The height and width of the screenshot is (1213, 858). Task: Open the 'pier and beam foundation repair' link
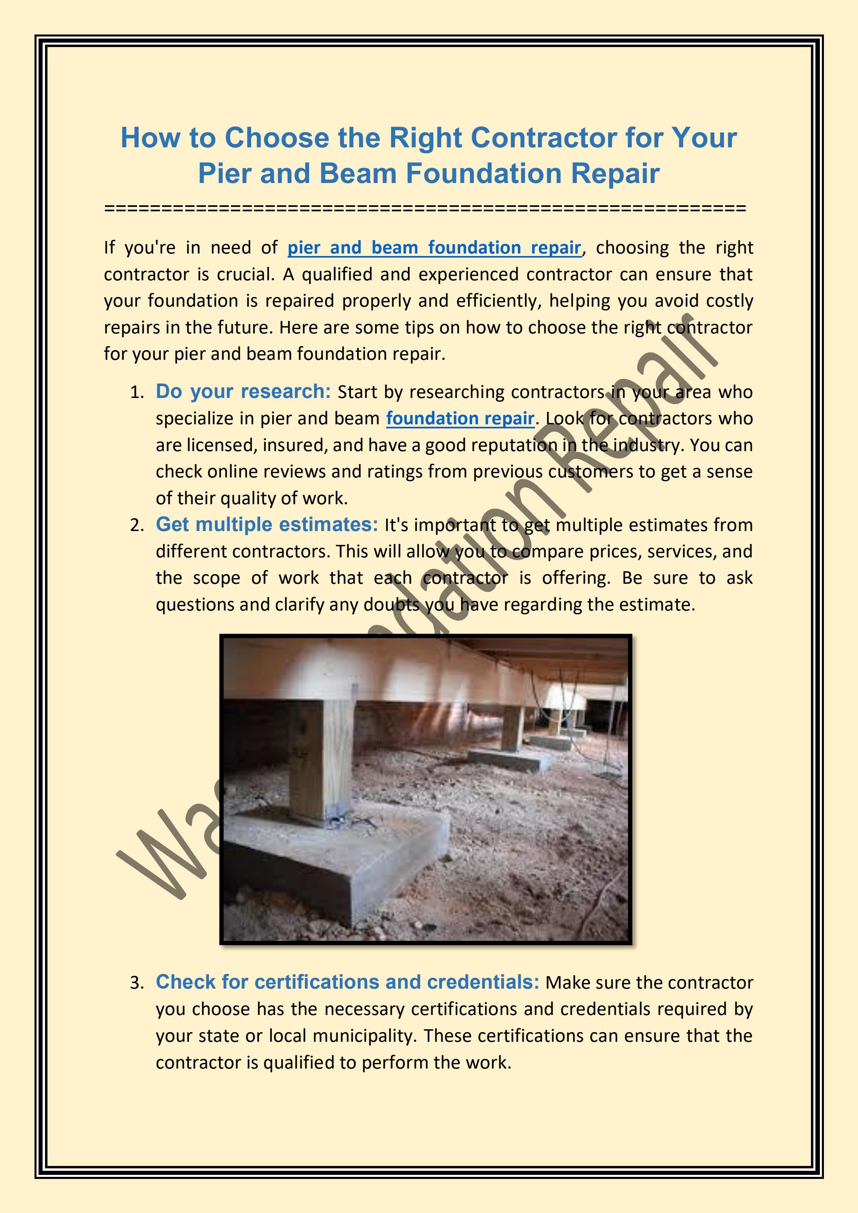pyautogui.click(x=434, y=248)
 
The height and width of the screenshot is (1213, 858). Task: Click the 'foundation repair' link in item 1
pyautogui.click(x=460, y=418)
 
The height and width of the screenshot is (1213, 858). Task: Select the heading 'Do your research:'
pyautogui.click(x=243, y=391)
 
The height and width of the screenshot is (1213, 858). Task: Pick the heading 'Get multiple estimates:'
pyautogui.click(x=267, y=525)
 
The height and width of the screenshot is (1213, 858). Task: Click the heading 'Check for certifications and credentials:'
pyautogui.click(x=347, y=982)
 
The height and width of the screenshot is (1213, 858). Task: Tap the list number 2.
pyautogui.click(x=136, y=526)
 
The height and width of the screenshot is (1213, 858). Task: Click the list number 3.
pyautogui.click(x=136, y=983)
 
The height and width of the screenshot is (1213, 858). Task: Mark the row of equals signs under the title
pyautogui.click(x=425, y=208)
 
